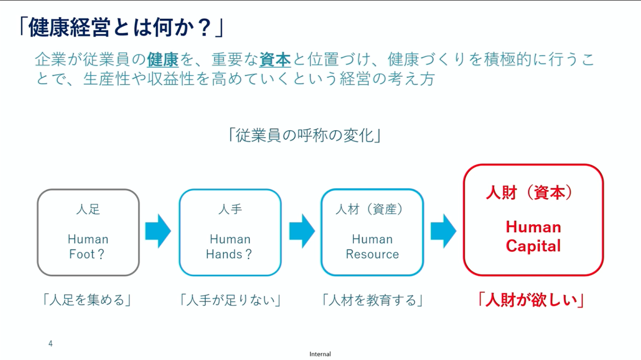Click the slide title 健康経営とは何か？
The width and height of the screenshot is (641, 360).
click(121, 28)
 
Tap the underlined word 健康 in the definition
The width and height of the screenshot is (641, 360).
click(163, 60)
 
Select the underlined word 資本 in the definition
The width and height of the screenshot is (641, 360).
click(275, 60)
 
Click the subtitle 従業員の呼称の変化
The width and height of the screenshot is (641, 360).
click(304, 135)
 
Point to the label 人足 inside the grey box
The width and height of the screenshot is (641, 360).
click(88, 209)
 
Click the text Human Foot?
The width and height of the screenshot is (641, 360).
click(88, 247)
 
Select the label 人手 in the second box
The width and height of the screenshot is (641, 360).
click(230, 209)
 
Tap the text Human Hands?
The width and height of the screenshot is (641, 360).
click(229, 247)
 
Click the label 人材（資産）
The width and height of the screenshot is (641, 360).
click(370, 209)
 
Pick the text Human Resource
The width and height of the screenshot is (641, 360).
click(372, 247)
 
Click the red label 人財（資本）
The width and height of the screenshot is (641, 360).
click(529, 192)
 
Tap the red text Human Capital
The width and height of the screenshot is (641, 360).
click(533, 236)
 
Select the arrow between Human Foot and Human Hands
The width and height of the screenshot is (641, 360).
click(158, 231)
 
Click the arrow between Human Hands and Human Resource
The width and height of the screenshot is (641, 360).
click(302, 231)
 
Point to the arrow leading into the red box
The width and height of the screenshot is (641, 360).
click(444, 231)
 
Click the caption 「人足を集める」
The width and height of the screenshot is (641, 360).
click(87, 300)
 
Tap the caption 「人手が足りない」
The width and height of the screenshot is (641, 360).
click(230, 300)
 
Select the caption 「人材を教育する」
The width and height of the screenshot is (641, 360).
click(372, 300)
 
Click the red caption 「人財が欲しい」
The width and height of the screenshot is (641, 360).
click(531, 300)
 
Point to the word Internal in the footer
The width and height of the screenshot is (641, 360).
click(320, 354)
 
